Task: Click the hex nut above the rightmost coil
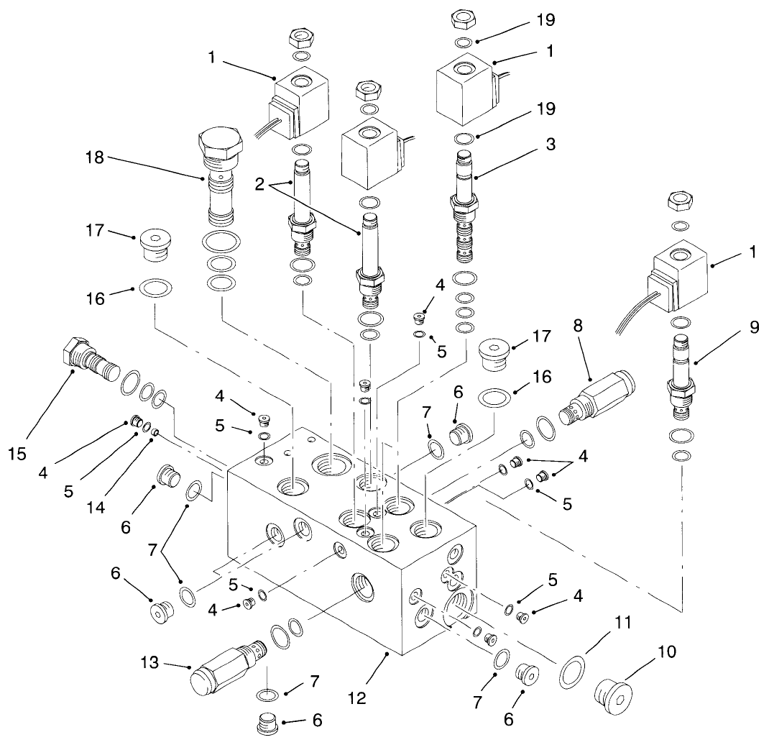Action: tap(679, 201)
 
